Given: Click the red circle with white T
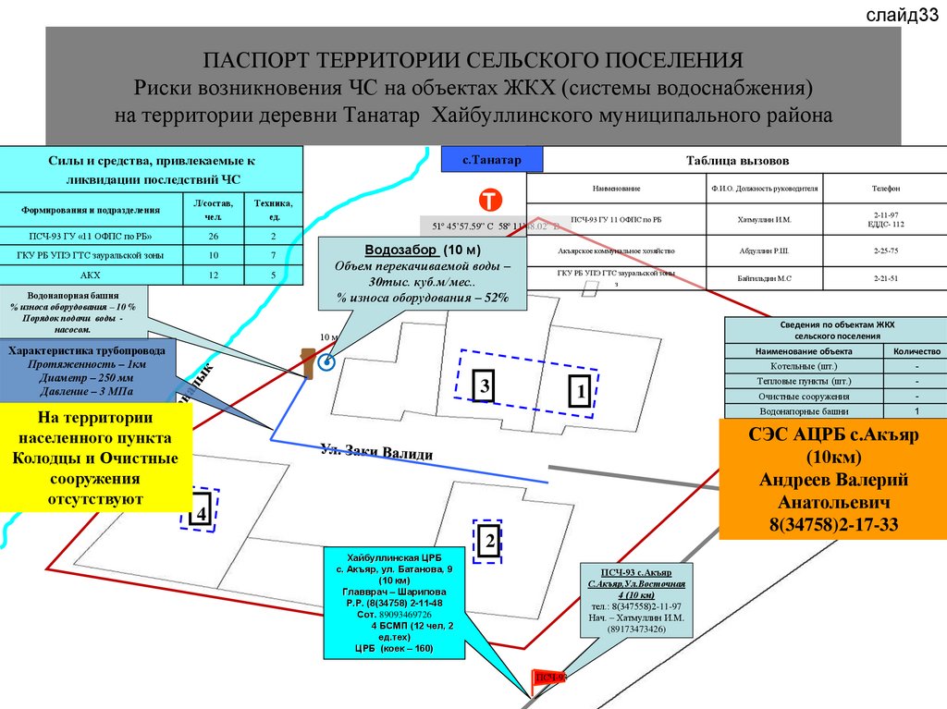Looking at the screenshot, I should click(x=488, y=202).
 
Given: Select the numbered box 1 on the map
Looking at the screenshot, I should click(x=579, y=393).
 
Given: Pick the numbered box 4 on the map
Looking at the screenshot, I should click(x=199, y=510).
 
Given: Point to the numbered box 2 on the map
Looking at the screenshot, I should click(x=488, y=542).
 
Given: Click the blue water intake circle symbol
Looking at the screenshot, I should click(x=326, y=363).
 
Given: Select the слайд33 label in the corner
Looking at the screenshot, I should click(x=903, y=15).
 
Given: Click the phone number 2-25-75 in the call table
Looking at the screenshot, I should click(x=885, y=251).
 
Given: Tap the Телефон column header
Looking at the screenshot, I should click(x=885, y=189).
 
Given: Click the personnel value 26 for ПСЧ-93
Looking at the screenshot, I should click(x=214, y=237).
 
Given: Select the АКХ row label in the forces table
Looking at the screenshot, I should click(x=90, y=275).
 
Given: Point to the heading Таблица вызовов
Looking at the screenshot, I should click(x=738, y=160).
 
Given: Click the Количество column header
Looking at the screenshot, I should click(x=916, y=351).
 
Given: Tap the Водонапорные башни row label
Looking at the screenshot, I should click(x=806, y=410).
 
